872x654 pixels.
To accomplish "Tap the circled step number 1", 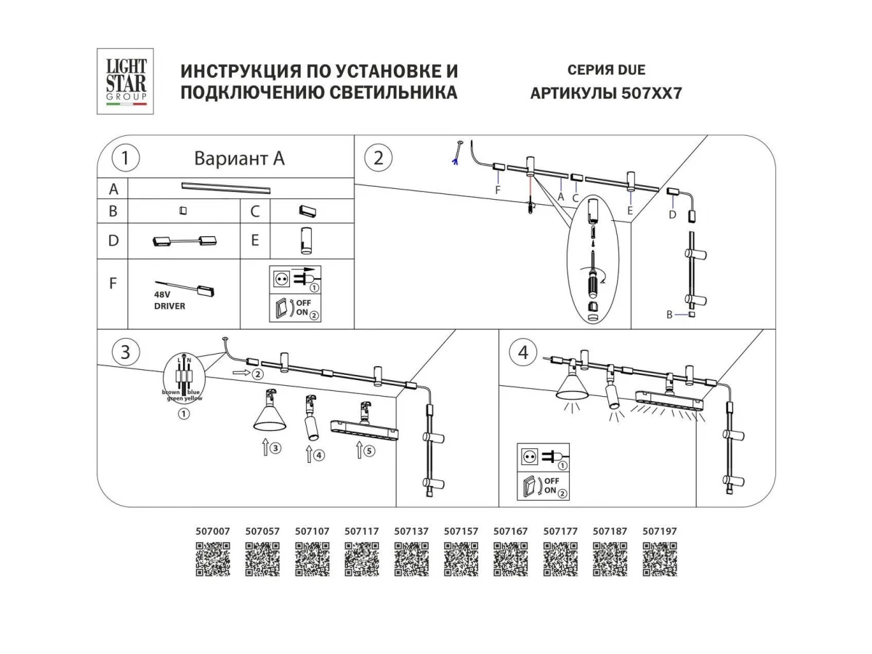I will (126, 158).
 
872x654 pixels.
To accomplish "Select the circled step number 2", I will (378, 158).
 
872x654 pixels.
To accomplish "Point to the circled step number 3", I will (126, 352).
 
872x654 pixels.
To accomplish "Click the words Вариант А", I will (239, 158).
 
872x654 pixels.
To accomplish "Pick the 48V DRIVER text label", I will (169, 301).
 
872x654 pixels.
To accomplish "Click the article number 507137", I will (411, 531).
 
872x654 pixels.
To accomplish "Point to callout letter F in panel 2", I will (498, 190).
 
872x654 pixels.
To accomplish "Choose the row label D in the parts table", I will (113, 241).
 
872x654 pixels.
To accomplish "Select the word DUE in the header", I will (630, 70).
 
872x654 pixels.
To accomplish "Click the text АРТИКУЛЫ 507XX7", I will (606, 94).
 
